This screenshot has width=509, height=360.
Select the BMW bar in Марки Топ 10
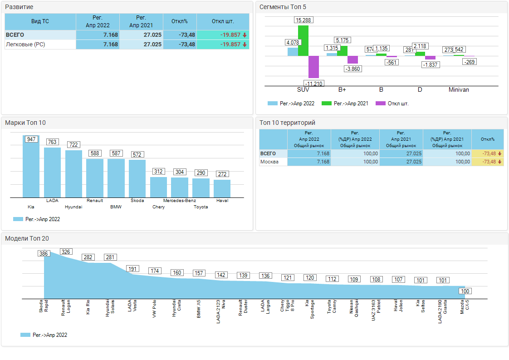coord(116,178)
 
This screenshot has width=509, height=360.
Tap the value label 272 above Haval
coord(223,174)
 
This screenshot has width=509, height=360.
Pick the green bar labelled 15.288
coord(303,40)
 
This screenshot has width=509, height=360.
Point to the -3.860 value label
coord(352,69)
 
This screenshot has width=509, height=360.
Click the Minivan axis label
coord(459,90)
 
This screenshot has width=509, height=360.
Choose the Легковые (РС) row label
coord(25,44)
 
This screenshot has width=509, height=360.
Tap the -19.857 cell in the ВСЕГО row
coord(229,35)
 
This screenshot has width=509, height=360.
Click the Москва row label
coord(269,162)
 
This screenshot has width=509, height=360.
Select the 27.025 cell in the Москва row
coord(401,162)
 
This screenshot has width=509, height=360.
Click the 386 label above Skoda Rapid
coord(44,253)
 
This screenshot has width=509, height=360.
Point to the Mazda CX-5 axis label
coord(465,307)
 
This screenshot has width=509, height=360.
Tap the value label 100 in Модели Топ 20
coord(465,291)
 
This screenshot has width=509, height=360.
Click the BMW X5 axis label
coord(199,309)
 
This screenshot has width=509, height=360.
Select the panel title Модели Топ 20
coord(27,238)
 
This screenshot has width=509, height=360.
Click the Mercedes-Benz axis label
coord(180,201)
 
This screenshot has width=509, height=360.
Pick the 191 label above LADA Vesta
coord(132,269)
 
